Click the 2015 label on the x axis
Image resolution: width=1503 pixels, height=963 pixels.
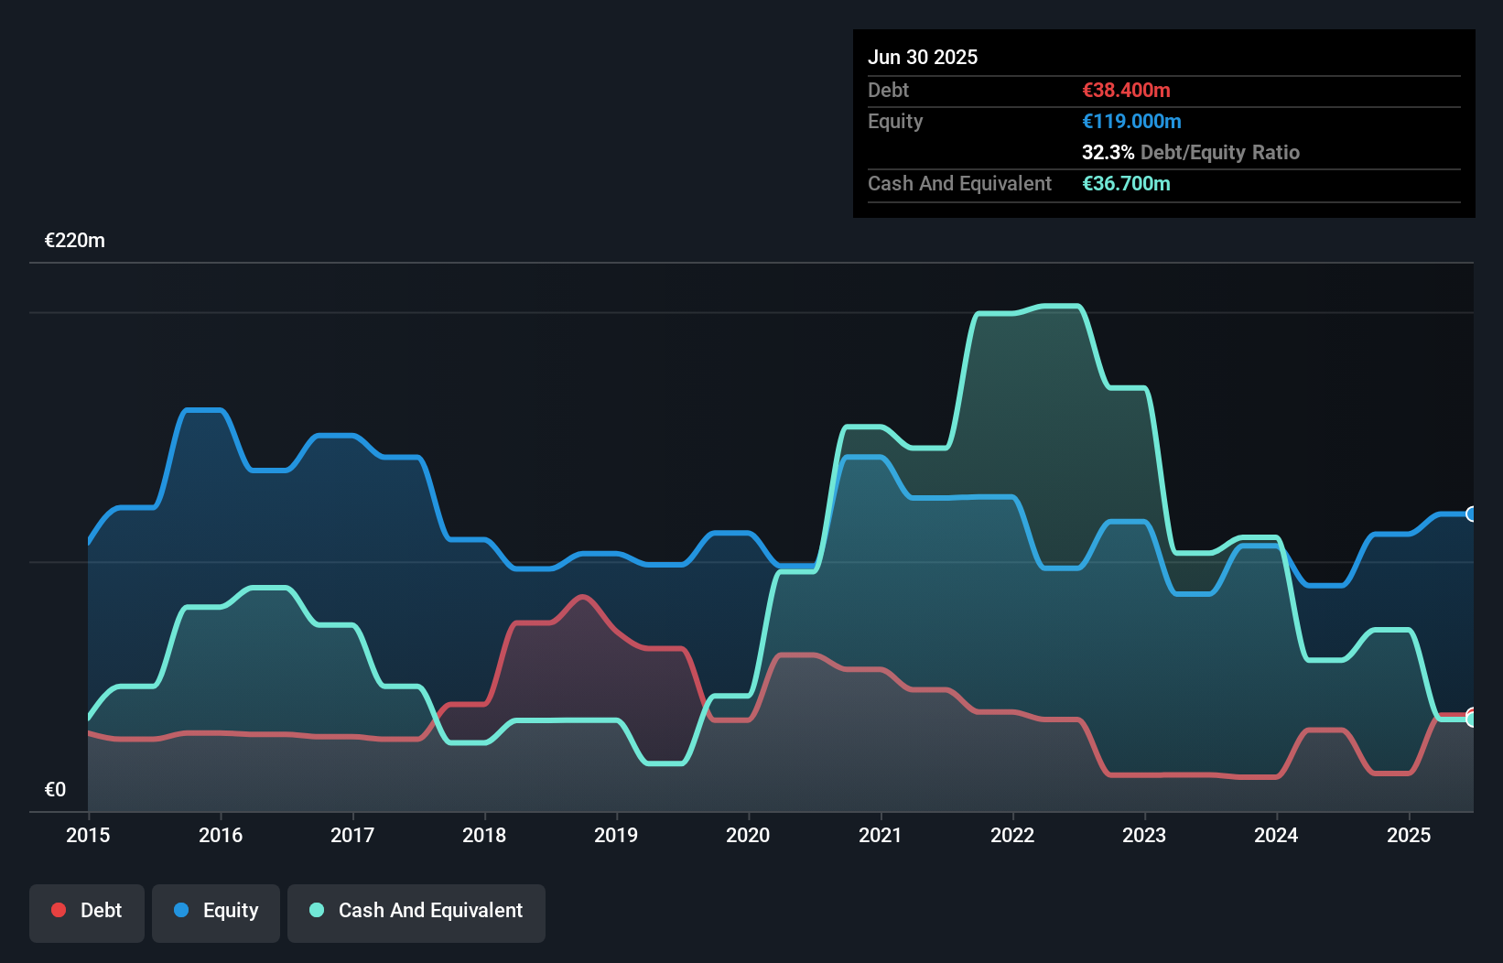tap(88, 835)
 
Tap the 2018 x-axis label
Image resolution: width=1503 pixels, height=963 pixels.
tap(484, 835)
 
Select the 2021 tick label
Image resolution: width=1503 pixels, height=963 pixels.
tap(880, 835)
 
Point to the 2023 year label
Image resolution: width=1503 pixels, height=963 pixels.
tap(1144, 835)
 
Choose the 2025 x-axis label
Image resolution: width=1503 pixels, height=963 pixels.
tap(1408, 835)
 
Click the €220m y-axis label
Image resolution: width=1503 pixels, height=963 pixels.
tap(75, 241)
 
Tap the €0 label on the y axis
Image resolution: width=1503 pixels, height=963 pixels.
tap(55, 789)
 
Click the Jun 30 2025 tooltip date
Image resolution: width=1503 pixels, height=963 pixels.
tap(923, 57)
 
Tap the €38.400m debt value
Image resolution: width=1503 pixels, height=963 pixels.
tap(1126, 90)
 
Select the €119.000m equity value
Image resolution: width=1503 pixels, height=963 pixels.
tap(1131, 121)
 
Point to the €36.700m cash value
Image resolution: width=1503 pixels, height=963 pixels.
tap(1126, 183)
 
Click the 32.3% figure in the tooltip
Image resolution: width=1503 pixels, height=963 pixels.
tap(1108, 152)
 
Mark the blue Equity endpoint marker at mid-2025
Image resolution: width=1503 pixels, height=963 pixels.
tap(1472, 514)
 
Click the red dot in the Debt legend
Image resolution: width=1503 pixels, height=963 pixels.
tap(59, 910)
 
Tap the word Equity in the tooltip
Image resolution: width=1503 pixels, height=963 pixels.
tap(895, 121)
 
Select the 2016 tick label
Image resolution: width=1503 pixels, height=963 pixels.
tap(221, 835)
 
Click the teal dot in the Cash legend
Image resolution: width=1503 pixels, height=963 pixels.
tap(317, 910)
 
